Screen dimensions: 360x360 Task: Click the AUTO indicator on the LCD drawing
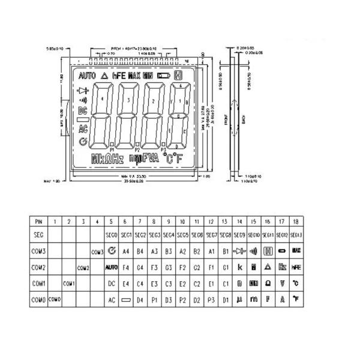pyautogui.click(x=86, y=76)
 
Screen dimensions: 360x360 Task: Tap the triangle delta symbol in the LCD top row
pyautogui.click(x=106, y=76)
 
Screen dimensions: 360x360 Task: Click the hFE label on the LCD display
pyautogui.click(x=119, y=76)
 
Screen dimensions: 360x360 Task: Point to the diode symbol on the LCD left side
pyautogui.click(x=83, y=91)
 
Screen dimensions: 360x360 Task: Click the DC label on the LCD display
pyautogui.click(x=83, y=110)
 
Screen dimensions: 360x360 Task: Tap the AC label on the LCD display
pyautogui.click(x=83, y=128)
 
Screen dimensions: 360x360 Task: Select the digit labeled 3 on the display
pyautogui.click(x=129, y=97)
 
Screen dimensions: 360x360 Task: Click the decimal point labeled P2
pyautogui.click(x=137, y=149)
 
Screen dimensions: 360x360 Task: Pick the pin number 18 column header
pyautogui.click(x=296, y=221)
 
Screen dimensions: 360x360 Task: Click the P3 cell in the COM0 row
pyautogui.click(x=211, y=298)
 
